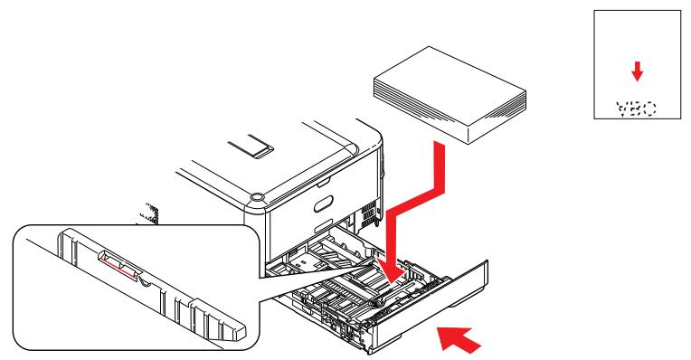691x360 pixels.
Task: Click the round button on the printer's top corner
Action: pos(255,194)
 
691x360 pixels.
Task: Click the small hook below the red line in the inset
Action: pos(145,281)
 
